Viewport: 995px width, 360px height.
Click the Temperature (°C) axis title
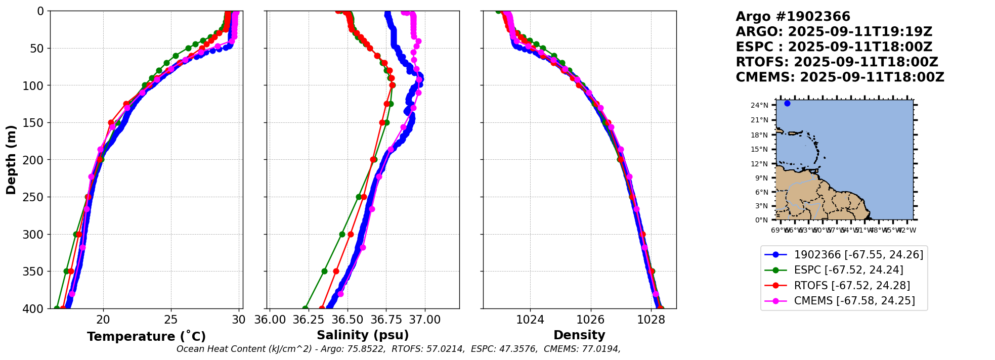click(146, 337)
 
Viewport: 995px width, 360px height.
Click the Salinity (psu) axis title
click(363, 335)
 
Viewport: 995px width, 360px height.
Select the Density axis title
click(579, 335)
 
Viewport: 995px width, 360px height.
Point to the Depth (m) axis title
click(11, 160)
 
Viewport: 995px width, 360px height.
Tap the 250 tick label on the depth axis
click(34, 197)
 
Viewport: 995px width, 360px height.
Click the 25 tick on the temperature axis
click(171, 320)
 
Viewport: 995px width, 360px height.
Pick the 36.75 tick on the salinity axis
click(386, 320)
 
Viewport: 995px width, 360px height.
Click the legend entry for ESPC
click(848, 270)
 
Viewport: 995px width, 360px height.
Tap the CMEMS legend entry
click(854, 301)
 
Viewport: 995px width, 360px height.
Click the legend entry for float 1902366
click(858, 255)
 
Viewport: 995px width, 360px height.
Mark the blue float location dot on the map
click(787, 104)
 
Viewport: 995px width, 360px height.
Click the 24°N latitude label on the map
click(759, 106)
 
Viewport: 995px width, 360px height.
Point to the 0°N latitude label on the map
click(761, 220)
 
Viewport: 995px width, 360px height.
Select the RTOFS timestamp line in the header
click(837, 62)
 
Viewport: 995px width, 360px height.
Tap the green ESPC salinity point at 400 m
click(305, 308)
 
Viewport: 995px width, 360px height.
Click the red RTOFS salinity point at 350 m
click(336, 272)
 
